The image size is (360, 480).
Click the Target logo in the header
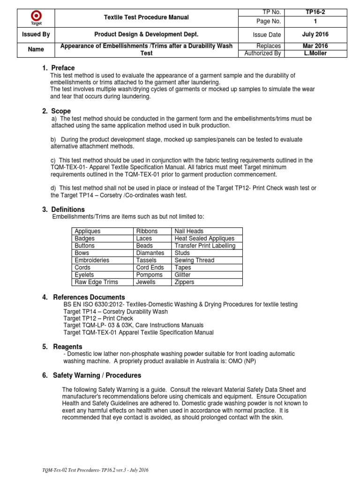point(36,18)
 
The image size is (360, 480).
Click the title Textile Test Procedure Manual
point(146,17)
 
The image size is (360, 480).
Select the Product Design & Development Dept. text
point(146,35)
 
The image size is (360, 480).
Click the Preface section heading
point(63,68)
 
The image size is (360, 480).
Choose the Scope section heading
point(61,111)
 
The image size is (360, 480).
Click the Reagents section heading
point(66,346)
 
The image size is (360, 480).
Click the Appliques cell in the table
point(88,231)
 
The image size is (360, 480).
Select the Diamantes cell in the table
point(150,253)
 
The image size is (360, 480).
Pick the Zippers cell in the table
point(184,282)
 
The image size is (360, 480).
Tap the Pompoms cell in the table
point(150,275)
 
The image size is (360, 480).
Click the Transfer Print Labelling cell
point(205,246)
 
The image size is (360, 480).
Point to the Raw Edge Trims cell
point(96,282)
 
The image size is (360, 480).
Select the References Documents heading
point(89,297)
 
